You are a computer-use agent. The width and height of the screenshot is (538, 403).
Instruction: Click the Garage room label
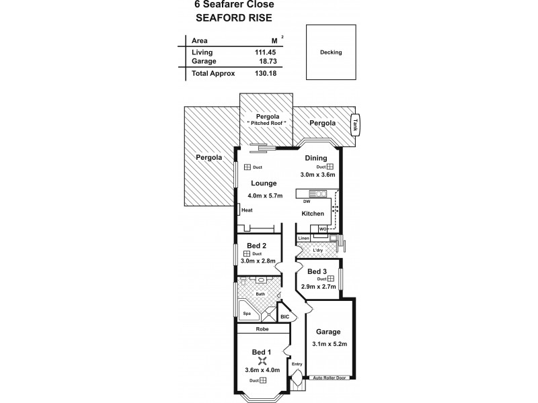point(330,332)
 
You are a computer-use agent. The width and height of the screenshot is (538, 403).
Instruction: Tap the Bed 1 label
point(261,353)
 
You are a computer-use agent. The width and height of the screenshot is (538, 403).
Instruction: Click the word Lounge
point(264,183)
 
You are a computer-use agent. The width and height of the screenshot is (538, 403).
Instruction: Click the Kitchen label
point(313,214)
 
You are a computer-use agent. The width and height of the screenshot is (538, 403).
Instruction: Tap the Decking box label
point(331,52)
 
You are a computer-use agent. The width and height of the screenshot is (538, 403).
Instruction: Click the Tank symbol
point(356,124)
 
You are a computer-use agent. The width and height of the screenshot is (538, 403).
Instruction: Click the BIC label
point(284,316)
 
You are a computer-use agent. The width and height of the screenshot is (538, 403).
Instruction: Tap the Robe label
point(262,330)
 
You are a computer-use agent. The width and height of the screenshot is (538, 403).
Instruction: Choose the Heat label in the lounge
point(247,210)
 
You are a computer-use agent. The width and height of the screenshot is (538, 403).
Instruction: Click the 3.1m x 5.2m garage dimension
point(330,344)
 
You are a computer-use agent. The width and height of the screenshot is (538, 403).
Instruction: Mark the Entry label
point(297,364)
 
